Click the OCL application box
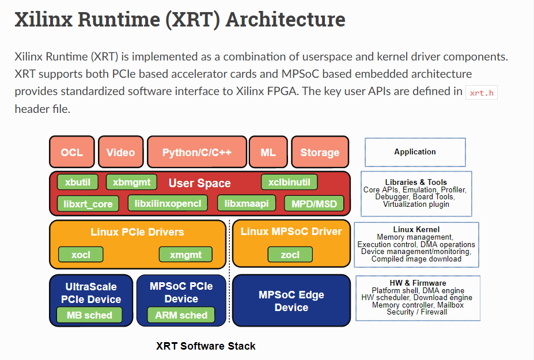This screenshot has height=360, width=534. (72, 152)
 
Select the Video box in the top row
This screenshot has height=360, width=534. (120, 152)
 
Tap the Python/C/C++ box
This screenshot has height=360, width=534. (197, 152)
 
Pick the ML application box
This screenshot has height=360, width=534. (268, 152)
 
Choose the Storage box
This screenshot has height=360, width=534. (320, 152)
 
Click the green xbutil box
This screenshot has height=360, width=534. (78, 182)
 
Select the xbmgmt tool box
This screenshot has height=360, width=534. (131, 182)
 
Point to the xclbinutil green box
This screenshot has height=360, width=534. (289, 182)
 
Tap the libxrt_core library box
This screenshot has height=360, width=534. (89, 203)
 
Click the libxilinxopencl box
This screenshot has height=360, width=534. (168, 203)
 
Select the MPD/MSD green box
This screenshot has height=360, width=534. (314, 203)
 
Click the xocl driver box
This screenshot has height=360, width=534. (81, 253)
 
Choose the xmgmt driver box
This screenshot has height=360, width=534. (185, 253)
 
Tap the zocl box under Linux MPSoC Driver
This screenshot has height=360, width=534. (290, 253)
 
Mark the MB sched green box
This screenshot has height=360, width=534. (89, 315)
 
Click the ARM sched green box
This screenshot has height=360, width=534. (181, 315)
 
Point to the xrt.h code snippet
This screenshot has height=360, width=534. (481, 93)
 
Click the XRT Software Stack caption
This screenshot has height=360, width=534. (206, 346)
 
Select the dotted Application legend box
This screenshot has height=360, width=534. (415, 152)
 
